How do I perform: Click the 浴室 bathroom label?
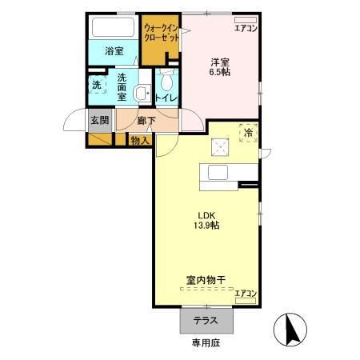click(x=114, y=51)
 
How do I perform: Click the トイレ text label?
click(x=166, y=98)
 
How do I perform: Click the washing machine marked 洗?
click(x=96, y=84)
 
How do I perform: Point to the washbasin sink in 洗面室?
click(x=142, y=92)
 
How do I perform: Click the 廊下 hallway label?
click(x=146, y=122)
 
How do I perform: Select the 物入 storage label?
click(x=139, y=139)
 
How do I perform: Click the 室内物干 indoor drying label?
click(x=206, y=279)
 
